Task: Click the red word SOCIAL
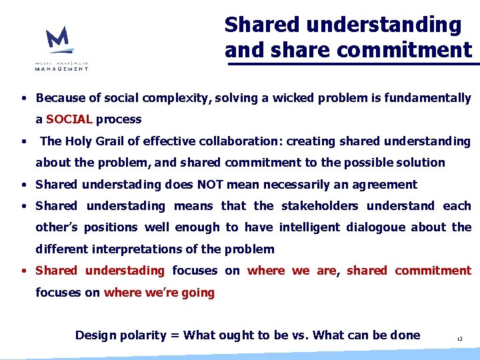click(69, 119)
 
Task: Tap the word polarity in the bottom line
click(144, 335)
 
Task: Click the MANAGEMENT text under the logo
click(61, 68)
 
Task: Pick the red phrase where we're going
click(159, 292)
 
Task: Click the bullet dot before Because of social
click(23, 99)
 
